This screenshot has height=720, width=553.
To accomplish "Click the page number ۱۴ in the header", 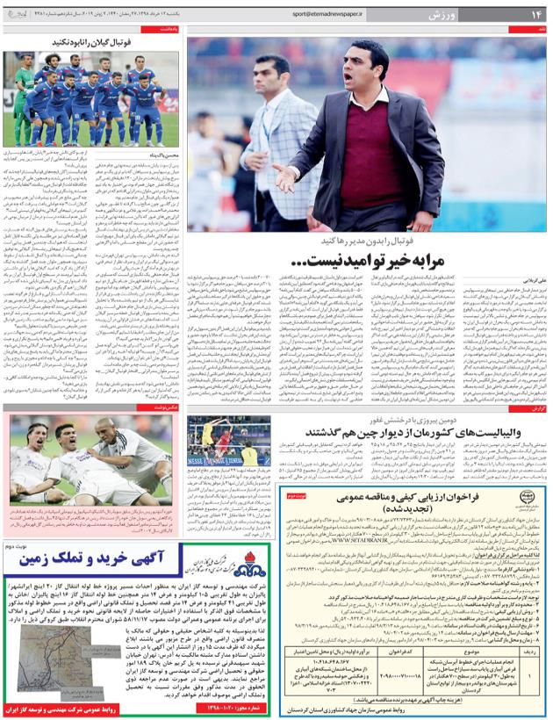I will (x=534, y=15).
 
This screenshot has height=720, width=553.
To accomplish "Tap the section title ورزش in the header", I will (x=487, y=15).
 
